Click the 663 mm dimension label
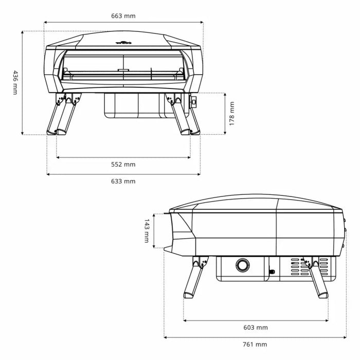tap(123, 16)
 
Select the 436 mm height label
tap(15, 82)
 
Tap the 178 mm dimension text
tap(232, 114)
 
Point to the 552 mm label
tap(123, 165)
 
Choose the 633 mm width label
tap(123, 181)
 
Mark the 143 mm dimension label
tap(146, 231)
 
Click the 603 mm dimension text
tap(256, 328)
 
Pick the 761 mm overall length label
tap(255, 344)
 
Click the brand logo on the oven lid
tap(123, 43)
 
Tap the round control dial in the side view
tap(242, 265)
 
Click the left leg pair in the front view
tap(63, 116)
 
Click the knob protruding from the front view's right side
tap(193, 102)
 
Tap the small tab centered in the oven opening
tap(123, 70)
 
